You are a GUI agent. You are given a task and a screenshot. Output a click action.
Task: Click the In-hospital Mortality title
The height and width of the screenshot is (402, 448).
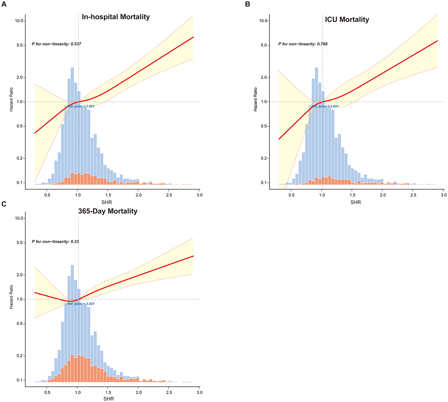(116, 17)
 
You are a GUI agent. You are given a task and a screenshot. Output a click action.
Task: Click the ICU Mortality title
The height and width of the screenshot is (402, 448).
(347, 19)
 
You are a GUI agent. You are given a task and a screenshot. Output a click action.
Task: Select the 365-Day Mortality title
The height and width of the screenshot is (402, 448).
(108, 211)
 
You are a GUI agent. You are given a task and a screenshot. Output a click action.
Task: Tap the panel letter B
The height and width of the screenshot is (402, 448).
(248, 4)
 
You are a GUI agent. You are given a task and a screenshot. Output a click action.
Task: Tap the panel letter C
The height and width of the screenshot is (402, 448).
(4, 204)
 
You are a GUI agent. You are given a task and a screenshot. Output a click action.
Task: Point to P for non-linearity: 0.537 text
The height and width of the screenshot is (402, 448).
(56, 44)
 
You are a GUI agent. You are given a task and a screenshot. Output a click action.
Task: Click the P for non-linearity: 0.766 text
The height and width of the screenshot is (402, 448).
(303, 44)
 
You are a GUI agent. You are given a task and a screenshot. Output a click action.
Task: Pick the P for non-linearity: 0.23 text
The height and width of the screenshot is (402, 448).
(55, 242)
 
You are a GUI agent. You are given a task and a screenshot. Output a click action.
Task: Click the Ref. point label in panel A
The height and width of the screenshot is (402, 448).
(81, 106)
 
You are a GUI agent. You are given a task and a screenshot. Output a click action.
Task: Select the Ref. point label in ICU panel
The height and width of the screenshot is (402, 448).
(325, 106)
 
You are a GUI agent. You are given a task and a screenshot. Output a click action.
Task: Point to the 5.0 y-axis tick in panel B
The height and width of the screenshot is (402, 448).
(264, 45)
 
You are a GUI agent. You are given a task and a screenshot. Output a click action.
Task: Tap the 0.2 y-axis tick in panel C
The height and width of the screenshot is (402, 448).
(19, 356)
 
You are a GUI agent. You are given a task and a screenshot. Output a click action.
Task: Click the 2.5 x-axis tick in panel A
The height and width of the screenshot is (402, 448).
(169, 195)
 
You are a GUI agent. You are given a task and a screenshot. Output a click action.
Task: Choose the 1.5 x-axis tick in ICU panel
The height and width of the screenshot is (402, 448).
(352, 195)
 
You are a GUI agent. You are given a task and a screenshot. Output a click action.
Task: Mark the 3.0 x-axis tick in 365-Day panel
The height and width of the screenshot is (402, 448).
(199, 392)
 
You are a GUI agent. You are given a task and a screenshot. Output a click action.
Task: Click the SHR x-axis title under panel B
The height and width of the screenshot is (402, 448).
(355, 202)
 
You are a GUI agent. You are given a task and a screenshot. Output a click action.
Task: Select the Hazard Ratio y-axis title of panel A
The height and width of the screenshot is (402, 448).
(11, 99)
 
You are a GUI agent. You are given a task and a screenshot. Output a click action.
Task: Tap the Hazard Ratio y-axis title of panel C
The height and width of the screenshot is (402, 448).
(11, 297)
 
